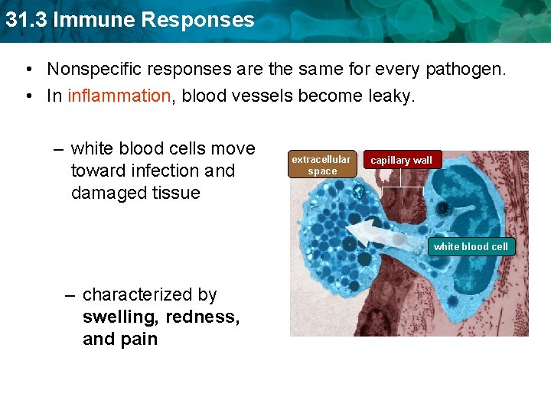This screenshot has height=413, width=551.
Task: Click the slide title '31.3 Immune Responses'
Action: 129,20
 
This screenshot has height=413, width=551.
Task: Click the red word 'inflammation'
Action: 119,96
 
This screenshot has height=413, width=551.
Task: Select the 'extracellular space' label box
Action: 321,164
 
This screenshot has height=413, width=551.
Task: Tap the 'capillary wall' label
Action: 402,161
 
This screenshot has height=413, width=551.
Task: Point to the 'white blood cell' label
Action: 471,246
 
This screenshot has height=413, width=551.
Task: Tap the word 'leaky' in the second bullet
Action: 393,96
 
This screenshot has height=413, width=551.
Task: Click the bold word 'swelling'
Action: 119,317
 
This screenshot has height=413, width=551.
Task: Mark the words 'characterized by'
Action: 149,294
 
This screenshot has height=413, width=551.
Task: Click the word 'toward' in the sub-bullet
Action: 98,171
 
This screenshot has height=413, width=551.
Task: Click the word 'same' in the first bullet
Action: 321,69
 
